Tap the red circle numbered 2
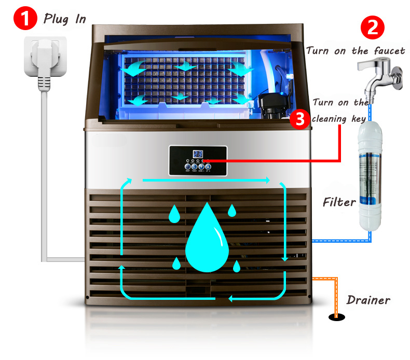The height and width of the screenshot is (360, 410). pos(373,26)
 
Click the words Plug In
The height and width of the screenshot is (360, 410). pos(65,19)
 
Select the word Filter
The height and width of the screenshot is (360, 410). pos(339,201)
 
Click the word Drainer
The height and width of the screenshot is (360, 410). pos(368,300)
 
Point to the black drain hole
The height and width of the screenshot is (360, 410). pos(335,317)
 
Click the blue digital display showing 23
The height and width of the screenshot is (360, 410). pos(197,154)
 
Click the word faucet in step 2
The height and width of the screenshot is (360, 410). pos(387,51)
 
